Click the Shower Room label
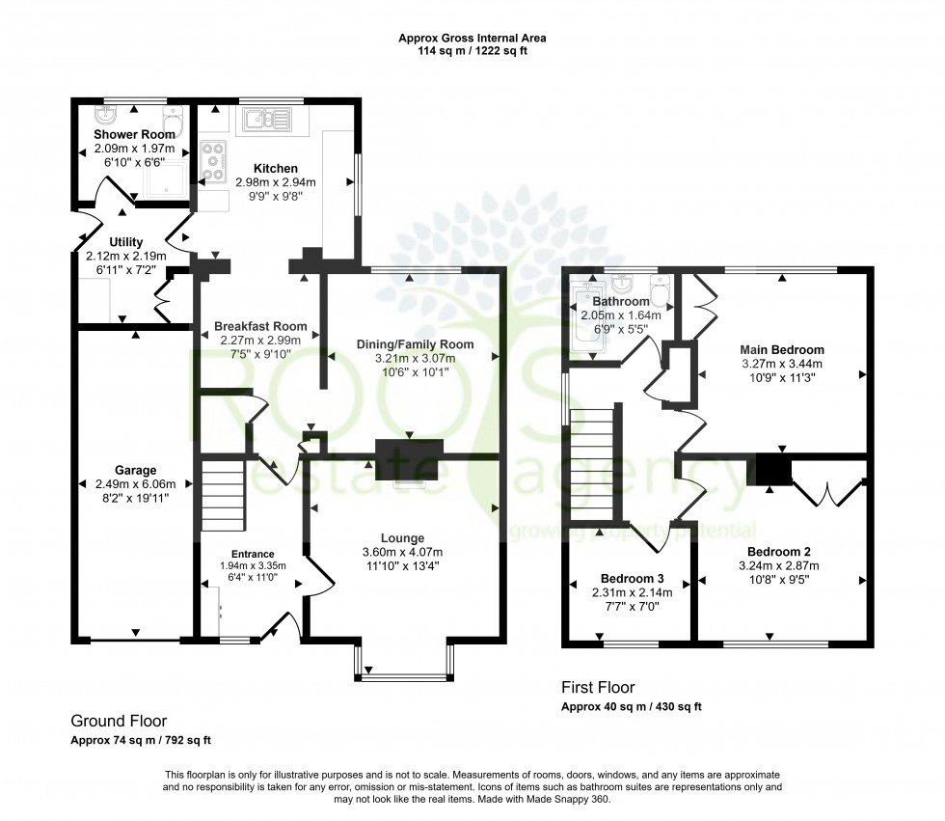coord(134,135)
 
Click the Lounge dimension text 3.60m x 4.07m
coord(402,552)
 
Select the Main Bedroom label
coord(782,349)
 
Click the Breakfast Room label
coord(255,326)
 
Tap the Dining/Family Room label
coord(416,344)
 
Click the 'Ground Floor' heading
coord(119,721)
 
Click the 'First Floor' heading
coord(598,688)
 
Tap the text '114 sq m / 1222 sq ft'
coord(472,51)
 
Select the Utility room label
coord(126,242)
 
